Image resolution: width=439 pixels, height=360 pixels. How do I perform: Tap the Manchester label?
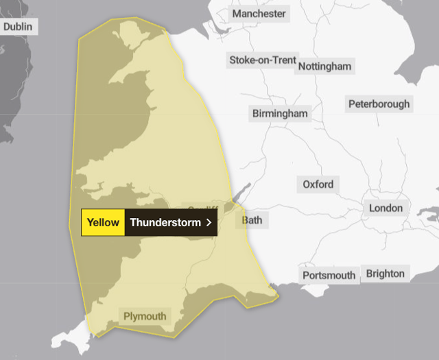259,14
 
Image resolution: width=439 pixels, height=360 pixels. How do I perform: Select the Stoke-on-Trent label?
262,60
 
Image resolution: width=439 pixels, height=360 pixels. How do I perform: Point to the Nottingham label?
325,67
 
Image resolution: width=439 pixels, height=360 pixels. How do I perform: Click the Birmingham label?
280,113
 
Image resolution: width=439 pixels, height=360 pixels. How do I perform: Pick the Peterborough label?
379,104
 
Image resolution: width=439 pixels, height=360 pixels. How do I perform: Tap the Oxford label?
318,184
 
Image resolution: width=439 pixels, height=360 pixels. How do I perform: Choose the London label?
385,208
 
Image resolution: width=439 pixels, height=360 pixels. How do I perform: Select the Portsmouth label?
329,276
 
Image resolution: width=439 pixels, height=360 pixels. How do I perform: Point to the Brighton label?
385,274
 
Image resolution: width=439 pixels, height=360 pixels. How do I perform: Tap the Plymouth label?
145,316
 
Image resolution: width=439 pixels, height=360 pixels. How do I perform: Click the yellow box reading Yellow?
103,222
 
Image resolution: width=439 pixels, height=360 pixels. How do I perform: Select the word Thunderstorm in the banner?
165,222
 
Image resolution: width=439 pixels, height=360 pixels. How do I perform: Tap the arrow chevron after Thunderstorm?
208,222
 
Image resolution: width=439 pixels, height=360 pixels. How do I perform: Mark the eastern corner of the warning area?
278,297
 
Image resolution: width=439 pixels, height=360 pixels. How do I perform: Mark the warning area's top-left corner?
79,39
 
